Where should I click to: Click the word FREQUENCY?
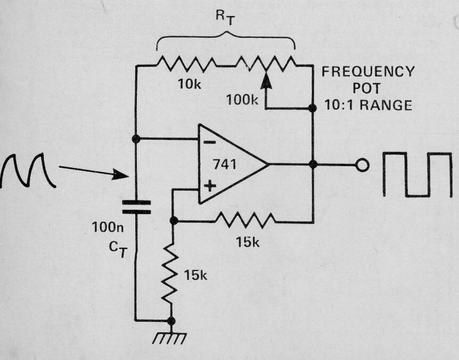pos(367,72)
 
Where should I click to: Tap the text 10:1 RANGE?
pos(368,105)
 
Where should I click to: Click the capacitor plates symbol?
pos(136,207)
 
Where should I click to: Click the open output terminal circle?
pos(362,166)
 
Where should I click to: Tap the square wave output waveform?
pos(421,175)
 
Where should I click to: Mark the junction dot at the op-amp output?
pos(313,165)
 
